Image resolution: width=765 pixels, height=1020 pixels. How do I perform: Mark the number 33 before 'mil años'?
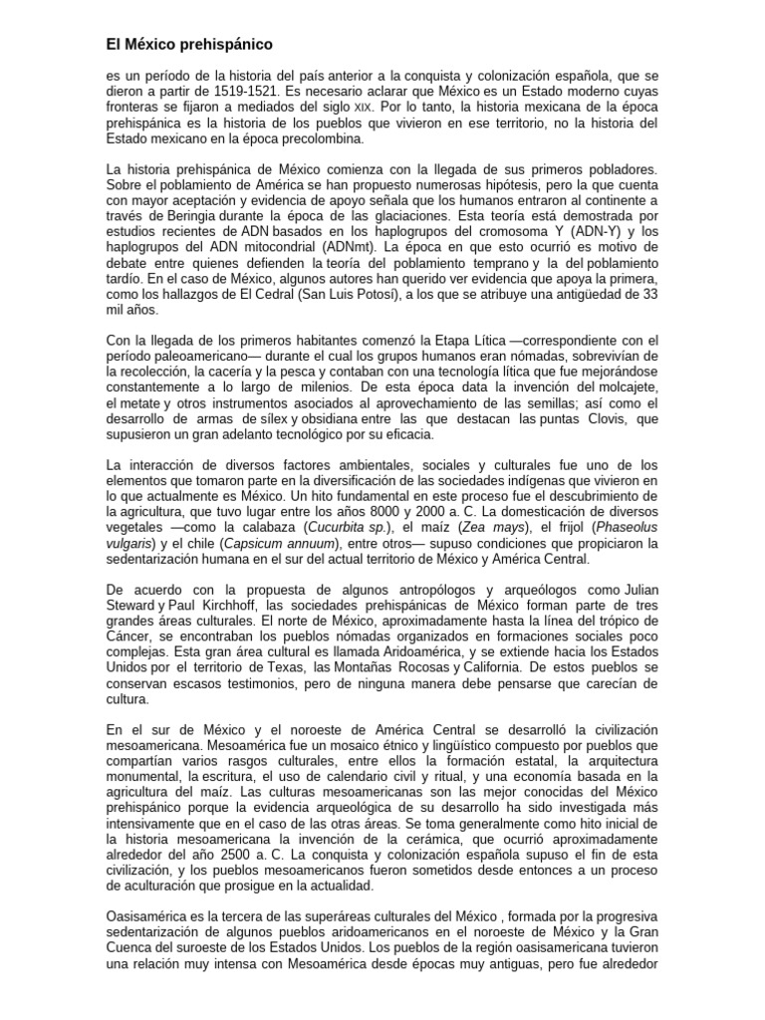[646, 295]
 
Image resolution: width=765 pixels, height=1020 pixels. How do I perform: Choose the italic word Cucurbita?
[340, 527]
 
